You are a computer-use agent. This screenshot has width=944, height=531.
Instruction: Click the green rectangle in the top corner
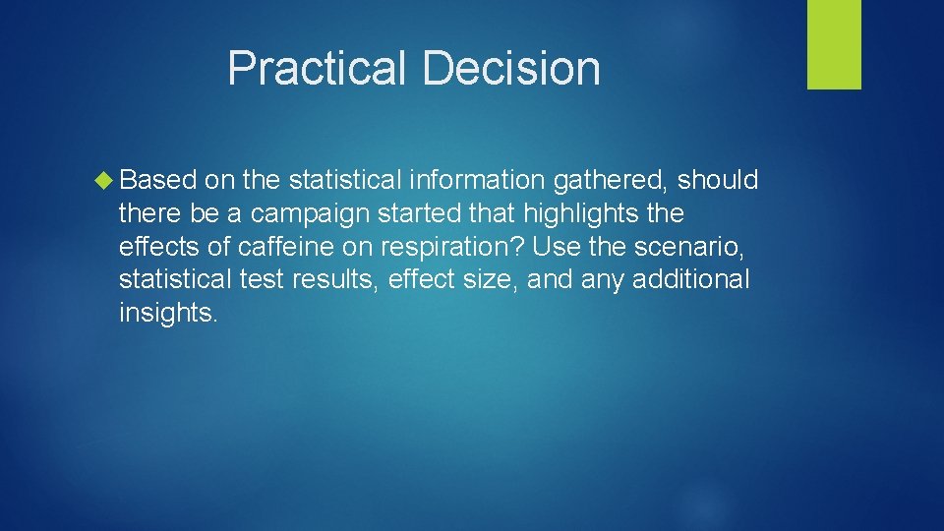[x=834, y=44]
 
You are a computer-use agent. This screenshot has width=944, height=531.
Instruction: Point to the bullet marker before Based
[x=104, y=181]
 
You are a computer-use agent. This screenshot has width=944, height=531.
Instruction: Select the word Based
[x=158, y=181]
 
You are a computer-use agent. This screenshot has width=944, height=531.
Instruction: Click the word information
[x=477, y=181]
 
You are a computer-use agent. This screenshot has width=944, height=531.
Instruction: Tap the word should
[x=718, y=181]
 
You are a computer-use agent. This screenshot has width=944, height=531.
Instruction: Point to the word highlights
[x=581, y=213]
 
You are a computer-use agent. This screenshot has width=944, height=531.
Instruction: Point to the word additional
[x=690, y=280]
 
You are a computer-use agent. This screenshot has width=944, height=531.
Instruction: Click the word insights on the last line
[x=167, y=313]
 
